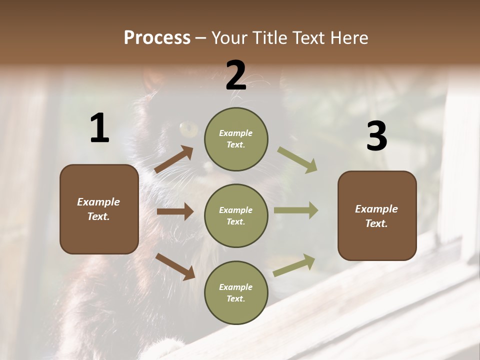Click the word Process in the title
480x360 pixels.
(x=157, y=38)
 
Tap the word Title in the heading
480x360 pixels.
(x=269, y=38)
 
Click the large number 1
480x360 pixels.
(x=99, y=128)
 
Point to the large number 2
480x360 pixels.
(x=236, y=75)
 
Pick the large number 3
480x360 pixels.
(x=376, y=136)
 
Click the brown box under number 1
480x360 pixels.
(x=99, y=209)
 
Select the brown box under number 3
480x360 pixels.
(x=377, y=216)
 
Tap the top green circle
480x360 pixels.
(x=236, y=139)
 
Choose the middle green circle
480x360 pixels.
(x=236, y=216)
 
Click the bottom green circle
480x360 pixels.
(x=236, y=292)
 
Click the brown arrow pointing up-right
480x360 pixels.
(x=174, y=159)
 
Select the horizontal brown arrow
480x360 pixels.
(x=175, y=211)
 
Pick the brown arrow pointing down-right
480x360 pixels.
(x=175, y=266)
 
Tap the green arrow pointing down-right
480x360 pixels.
(x=297, y=160)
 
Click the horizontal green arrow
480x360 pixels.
(x=296, y=210)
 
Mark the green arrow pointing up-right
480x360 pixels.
(x=294, y=265)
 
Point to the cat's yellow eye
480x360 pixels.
(x=189, y=129)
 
